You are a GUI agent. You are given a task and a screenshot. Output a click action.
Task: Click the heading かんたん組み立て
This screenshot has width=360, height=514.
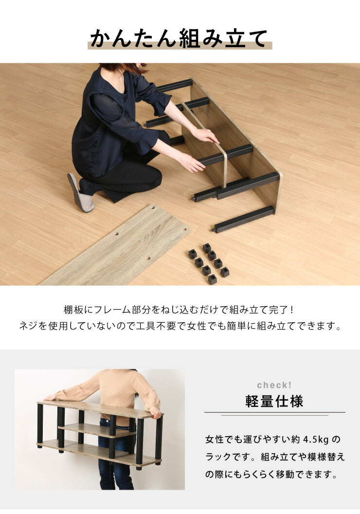point(179,38)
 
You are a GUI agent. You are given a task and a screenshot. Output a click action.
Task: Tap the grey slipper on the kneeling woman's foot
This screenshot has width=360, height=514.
point(80,193)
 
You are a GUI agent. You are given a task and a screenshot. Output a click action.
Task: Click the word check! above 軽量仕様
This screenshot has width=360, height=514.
point(274,385)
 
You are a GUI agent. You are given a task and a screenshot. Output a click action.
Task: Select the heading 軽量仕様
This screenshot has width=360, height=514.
point(274,401)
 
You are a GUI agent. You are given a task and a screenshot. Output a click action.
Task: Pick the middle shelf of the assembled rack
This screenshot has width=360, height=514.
point(97,430)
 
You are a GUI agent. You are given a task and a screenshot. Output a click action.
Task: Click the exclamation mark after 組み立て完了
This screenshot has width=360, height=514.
point(292,310)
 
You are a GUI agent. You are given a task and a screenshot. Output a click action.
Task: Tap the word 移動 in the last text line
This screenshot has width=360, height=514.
point(285,475)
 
